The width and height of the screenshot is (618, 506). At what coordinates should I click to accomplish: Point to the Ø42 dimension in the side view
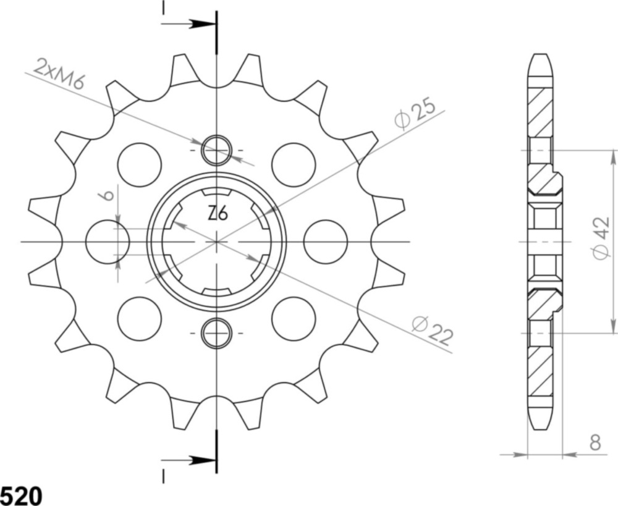600,238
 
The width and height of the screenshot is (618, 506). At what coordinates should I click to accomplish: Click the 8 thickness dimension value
595,442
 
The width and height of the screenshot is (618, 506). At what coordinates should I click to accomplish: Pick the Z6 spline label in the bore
217,214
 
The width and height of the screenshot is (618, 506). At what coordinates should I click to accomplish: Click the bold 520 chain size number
21,495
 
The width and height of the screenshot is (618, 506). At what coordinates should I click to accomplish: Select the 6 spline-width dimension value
107,196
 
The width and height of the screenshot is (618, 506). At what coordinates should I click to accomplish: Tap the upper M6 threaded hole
216,150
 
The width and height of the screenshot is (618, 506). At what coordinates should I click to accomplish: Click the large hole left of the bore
107,241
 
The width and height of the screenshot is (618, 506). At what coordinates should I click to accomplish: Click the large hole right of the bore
326,241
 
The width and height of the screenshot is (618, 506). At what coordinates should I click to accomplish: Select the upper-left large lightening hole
139,164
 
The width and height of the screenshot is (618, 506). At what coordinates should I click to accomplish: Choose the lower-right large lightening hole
294,318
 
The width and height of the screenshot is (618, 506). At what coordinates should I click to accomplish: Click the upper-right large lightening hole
294,164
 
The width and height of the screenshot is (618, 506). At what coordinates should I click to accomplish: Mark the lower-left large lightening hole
139,318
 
